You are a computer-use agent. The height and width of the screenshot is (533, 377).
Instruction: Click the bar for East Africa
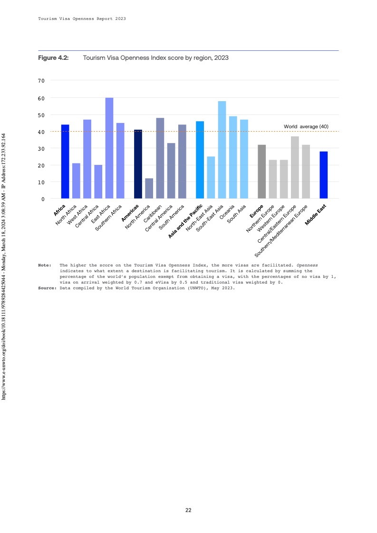[x=109, y=148]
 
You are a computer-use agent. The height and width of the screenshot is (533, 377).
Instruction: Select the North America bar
[x=149, y=189]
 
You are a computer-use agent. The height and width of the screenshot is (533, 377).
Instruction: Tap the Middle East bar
[x=324, y=175]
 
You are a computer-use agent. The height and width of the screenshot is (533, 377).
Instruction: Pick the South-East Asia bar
[x=222, y=150]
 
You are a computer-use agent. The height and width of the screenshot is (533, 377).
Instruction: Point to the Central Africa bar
[x=98, y=182]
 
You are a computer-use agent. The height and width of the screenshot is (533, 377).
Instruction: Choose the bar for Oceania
[x=233, y=157]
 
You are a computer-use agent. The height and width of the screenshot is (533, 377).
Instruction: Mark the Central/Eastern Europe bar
[x=295, y=167]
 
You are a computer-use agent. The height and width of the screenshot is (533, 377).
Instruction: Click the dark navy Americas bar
[x=138, y=164]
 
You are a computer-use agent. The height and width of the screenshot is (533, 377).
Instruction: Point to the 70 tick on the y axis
[x=41, y=81]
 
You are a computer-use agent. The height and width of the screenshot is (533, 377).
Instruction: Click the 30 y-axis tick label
[x=41, y=148]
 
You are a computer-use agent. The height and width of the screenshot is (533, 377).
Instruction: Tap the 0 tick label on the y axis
[x=43, y=199]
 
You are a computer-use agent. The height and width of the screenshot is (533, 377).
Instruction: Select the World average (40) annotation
[x=306, y=126]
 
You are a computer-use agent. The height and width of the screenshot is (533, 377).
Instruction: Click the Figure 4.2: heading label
[x=53, y=57]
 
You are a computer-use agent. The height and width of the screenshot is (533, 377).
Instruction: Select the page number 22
[x=188, y=510]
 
